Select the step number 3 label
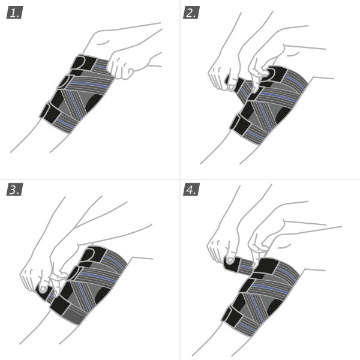point(14,190)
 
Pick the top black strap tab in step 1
point(84,63)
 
